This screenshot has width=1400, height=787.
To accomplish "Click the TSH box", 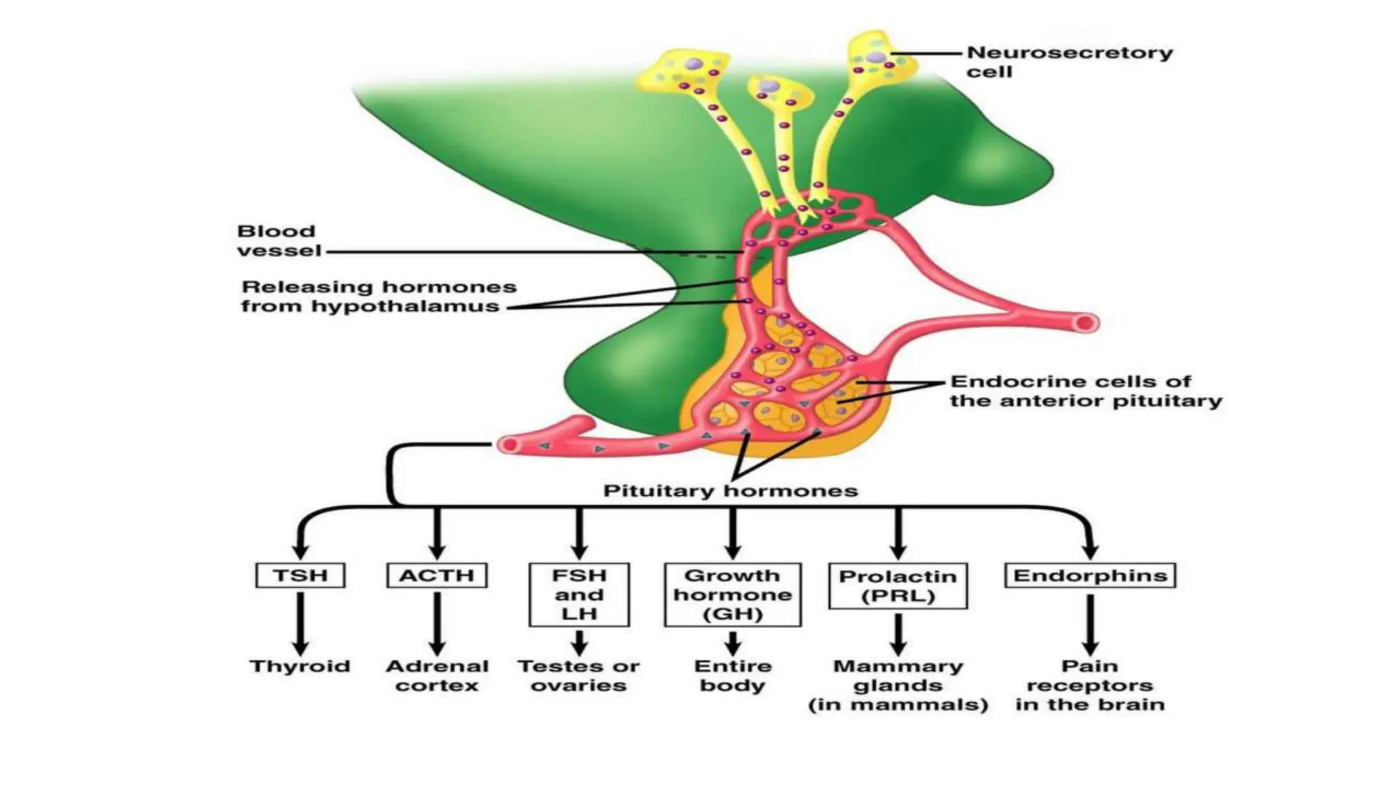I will tap(300, 575).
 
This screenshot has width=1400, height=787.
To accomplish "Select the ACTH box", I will tap(437, 575).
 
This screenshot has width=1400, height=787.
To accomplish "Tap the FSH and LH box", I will tap(579, 594).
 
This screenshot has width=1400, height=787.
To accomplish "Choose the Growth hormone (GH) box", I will tap(733, 594).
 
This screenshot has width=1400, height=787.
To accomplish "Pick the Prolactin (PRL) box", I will tap(898, 585).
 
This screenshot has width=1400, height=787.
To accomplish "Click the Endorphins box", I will tap(1090, 575).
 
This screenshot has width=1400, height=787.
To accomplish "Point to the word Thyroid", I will tap(300, 666).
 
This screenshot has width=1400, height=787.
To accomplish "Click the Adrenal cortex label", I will tap(437, 676).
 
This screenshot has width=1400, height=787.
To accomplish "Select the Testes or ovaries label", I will tap(579, 676).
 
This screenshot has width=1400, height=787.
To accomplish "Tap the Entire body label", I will tap(733, 676).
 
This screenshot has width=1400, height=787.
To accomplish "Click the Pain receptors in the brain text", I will tap(1090, 685).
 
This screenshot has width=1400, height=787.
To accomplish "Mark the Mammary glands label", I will tap(898, 685).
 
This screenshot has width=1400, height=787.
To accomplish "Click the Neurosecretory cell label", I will tap(1069, 62).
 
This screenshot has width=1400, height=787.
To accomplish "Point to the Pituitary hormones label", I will tap(730, 491).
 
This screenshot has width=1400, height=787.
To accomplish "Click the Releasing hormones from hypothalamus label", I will tap(378, 296).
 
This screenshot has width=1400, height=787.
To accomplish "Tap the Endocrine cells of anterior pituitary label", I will tap(1085, 391).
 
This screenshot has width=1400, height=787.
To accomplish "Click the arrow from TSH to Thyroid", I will tap(300, 623).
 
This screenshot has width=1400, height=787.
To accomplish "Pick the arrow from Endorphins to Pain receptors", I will tap(1090, 624).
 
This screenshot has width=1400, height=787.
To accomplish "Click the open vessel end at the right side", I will tap(1086, 322).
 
